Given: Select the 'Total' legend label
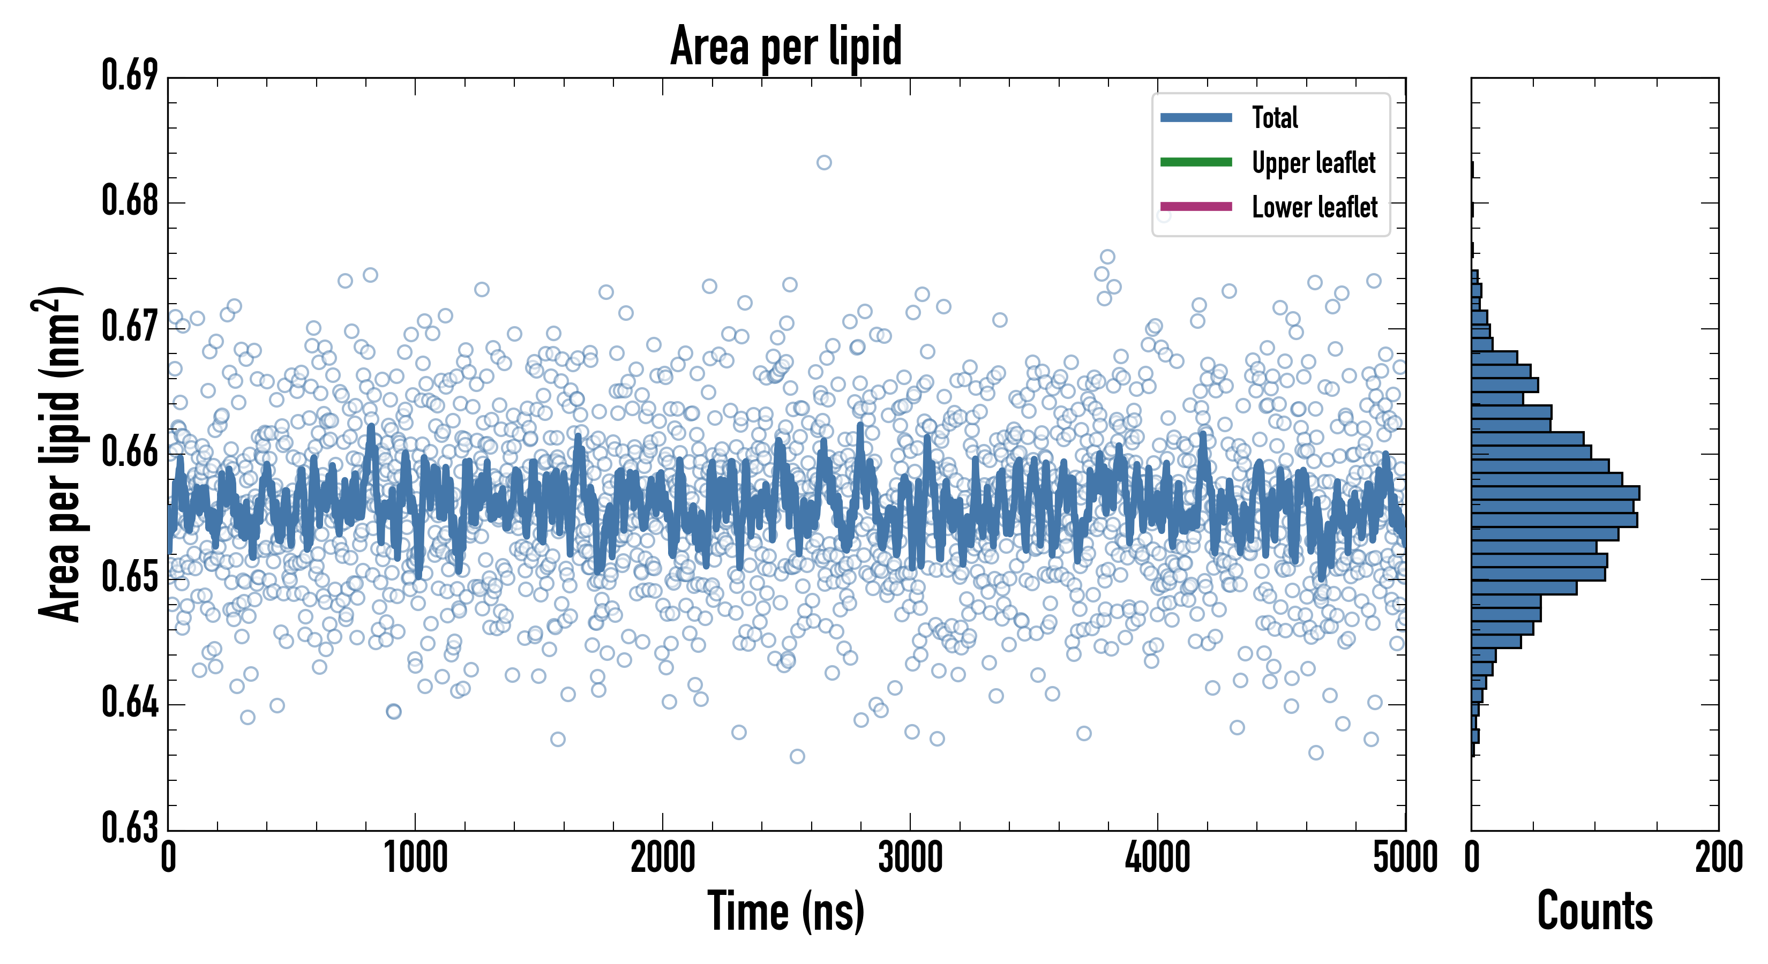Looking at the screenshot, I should tap(1275, 117).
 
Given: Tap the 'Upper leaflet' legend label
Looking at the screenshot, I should tap(1313, 163).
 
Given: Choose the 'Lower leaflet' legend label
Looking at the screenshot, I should tap(1314, 207).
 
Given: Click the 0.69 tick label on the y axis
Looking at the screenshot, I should tap(130, 76).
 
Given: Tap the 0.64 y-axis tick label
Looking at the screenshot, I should tap(130, 703).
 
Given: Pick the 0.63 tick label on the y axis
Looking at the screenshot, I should tap(130, 827).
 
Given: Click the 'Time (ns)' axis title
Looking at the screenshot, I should tap(786, 911).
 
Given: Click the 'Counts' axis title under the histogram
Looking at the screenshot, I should tap(1594, 911).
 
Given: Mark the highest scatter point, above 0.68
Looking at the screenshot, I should tap(823, 163).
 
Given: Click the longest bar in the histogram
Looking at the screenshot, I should tap(1555, 493).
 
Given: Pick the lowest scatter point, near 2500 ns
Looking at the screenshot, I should tap(797, 757).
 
